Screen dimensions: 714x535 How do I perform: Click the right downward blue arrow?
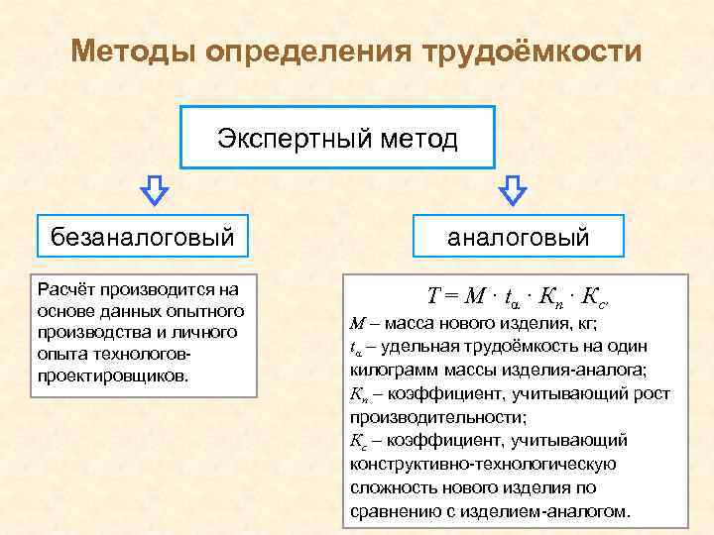pos(512,189)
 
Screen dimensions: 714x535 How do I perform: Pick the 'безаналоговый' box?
pos(142,237)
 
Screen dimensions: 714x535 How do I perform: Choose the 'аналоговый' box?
pos(518,238)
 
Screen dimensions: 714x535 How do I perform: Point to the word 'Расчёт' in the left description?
pos(66,289)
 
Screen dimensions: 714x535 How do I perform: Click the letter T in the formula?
pos(433,295)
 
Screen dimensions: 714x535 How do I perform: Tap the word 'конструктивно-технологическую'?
pos(483,464)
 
